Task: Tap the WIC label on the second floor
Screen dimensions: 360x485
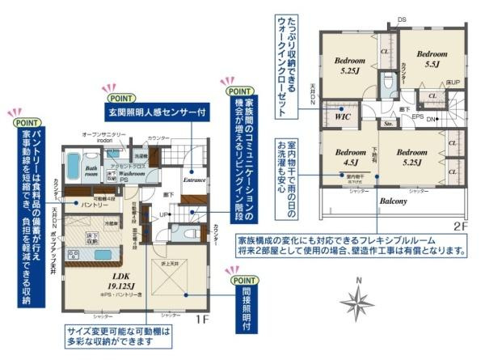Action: pos(342,116)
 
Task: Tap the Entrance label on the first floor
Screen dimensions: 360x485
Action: pos(195,180)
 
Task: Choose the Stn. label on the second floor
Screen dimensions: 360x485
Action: pos(387,124)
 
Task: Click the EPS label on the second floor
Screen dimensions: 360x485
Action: pos(418,116)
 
